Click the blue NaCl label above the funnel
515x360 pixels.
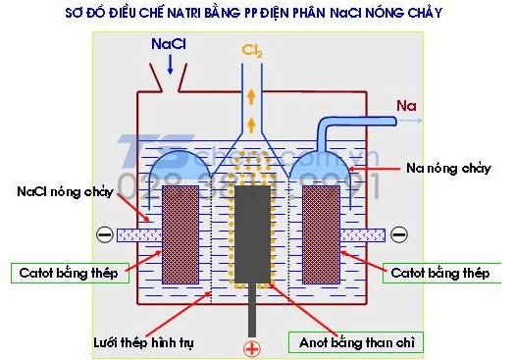(x=168, y=45)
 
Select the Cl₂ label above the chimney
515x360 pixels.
(x=253, y=49)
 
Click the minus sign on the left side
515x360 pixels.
(x=105, y=234)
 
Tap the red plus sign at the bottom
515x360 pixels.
(x=252, y=347)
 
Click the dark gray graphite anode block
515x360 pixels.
(x=253, y=235)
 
